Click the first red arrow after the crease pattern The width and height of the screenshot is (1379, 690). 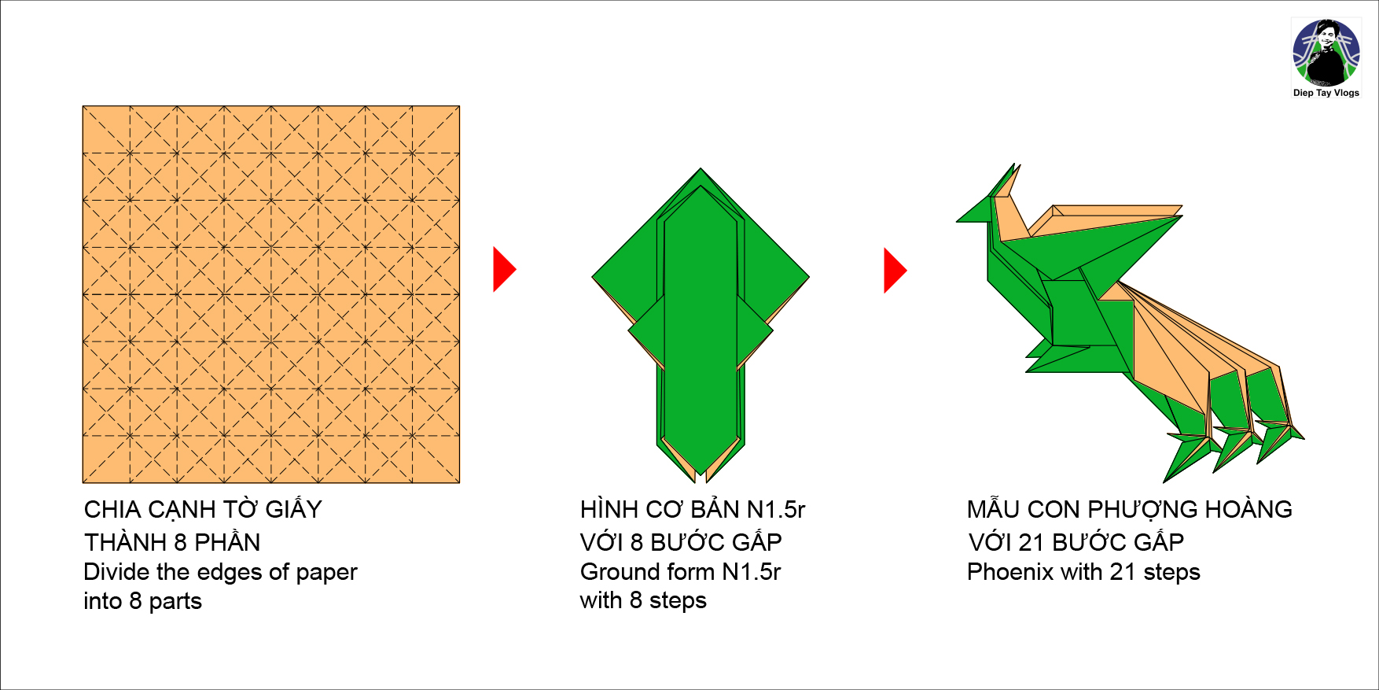point(504,270)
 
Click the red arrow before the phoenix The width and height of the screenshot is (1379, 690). point(895,271)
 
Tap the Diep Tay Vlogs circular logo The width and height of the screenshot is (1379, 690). point(1326,52)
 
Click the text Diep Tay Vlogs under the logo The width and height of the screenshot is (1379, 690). point(1326,93)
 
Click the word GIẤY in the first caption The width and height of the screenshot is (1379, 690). point(293,510)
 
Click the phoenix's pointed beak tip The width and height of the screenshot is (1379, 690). point(957,221)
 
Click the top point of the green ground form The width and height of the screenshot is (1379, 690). point(701,168)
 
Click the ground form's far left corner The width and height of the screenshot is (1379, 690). point(593,277)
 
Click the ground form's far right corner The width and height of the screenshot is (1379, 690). point(809,277)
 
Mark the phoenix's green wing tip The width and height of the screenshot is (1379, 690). point(1182,216)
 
